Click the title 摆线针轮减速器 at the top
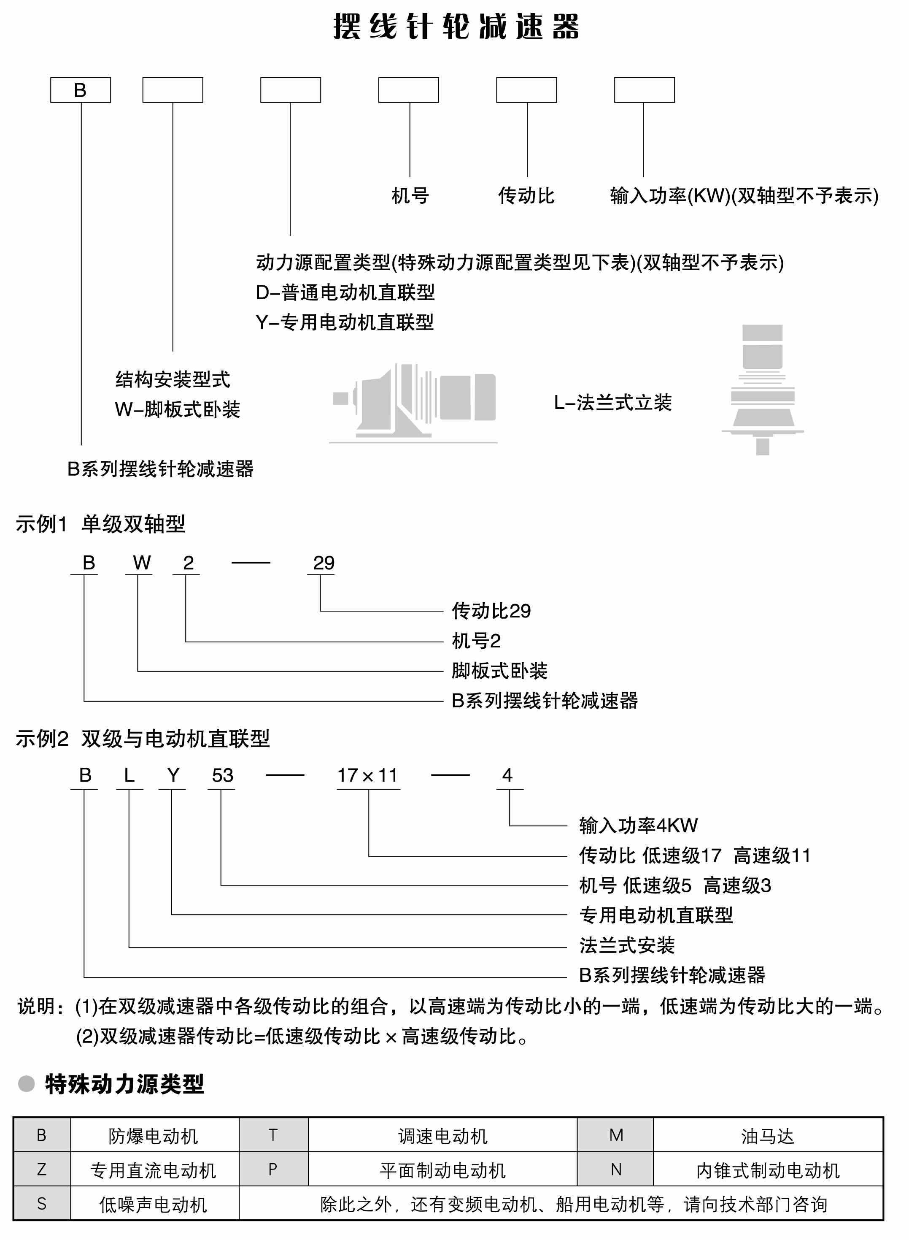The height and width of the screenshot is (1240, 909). coord(456,27)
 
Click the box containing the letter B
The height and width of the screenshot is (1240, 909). coord(80,90)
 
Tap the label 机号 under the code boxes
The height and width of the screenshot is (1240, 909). coord(410,195)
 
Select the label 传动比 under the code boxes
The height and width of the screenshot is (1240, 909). coord(526,195)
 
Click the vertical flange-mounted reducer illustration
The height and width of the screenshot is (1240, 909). coord(763,388)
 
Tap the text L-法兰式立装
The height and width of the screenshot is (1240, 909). coord(612,403)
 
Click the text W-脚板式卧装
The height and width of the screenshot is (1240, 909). coord(177,409)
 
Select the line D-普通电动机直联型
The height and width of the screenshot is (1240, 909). coord(345,292)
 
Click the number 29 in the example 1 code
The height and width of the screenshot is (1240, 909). coord(324,563)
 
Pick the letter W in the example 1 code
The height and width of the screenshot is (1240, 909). coord(141,563)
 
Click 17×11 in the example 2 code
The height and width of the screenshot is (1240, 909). coord(367,775)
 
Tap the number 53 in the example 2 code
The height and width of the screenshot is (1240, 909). coord(222,775)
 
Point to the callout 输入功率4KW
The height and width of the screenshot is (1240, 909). coord(638,826)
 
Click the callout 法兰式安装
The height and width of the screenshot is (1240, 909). coord(627,945)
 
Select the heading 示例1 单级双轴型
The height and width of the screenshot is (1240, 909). coord(100,524)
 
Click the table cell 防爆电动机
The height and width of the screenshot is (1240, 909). coord(154,1136)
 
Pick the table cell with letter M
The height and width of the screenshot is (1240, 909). coord(616,1135)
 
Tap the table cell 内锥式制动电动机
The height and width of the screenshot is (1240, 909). coord(768,1170)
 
